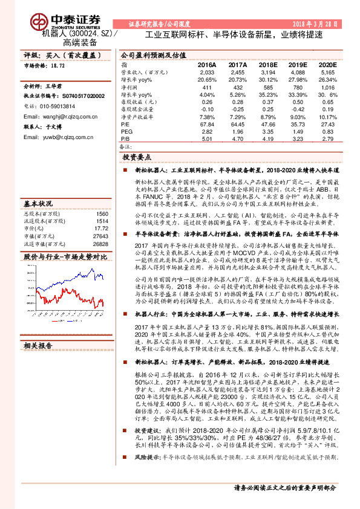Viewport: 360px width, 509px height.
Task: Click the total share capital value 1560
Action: (x=102, y=214)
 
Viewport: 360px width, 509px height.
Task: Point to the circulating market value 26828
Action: (x=100, y=244)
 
